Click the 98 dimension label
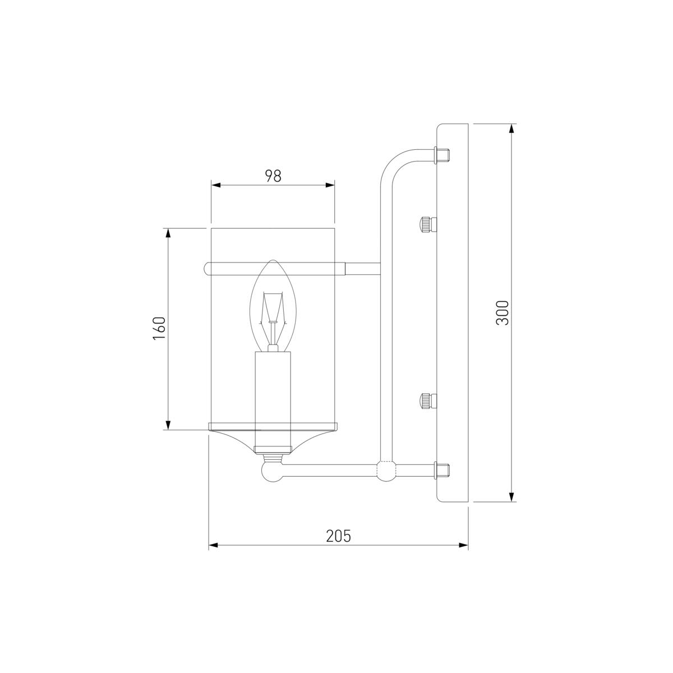273,176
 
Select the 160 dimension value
159,328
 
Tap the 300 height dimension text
503,312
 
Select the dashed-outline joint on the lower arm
386,470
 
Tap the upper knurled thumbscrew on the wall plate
428,224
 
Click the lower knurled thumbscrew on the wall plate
428,401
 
